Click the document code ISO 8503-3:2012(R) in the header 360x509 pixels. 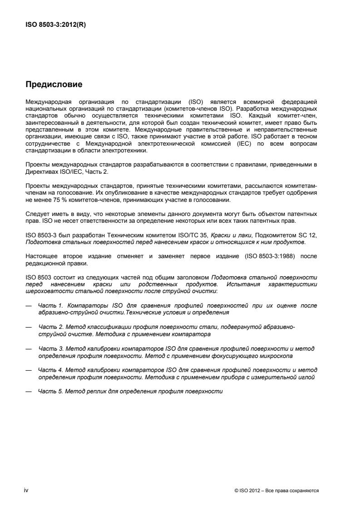[x=55, y=25]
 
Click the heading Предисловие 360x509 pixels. [x=53, y=84]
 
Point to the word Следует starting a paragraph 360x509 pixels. [x=36, y=213]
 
